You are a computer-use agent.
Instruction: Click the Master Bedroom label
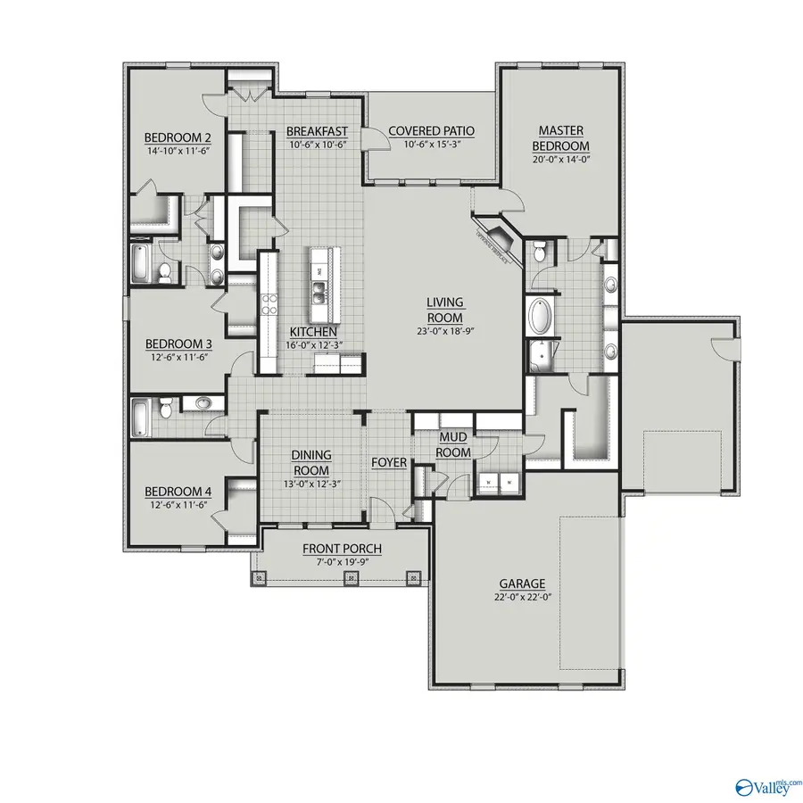click(x=560, y=138)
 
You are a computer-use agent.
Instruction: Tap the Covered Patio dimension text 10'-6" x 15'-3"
click(x=431, y=145)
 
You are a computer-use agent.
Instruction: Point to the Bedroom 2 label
click(x=178, y=137)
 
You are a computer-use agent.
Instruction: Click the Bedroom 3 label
click(x=178, y=344)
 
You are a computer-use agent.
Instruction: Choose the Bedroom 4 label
click(x=178, y=492)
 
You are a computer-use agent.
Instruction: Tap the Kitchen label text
click(x=306, y=332)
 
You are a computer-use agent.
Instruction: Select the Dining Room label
click(x=310, y=463)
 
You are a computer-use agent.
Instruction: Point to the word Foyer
click(x=389, y=463)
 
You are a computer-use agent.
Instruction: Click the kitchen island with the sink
click(x=324, y=286)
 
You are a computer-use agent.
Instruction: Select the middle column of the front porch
click(x=351, y=578)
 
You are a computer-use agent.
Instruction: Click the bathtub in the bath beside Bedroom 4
click(x=144, y=416)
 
